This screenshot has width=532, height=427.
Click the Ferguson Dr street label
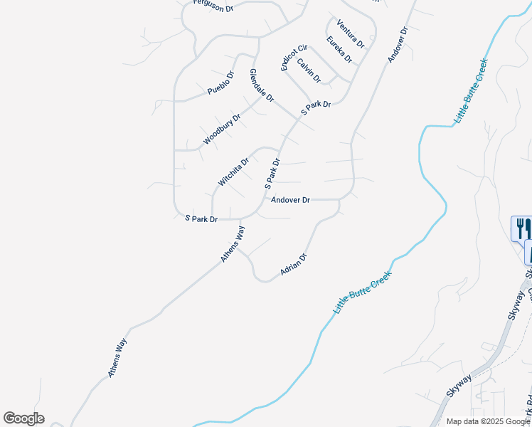coord(213,6)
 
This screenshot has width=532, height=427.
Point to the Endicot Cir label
coord(293,56)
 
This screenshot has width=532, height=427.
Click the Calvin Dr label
coord(309,70)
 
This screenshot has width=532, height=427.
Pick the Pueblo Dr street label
coord(220,83)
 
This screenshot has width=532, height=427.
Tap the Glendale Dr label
coord(261,85)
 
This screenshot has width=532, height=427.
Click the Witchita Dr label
coord(233,172)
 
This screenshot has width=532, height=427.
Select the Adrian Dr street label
coord(294,264)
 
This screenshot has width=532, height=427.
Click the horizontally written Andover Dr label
coord(290,200)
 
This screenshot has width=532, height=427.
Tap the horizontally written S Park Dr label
coord(201,218)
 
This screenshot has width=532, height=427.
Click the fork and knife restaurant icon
coord(521,228)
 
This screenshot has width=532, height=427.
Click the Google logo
coord(23,418)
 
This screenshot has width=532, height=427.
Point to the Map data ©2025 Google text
coord(488,421)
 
